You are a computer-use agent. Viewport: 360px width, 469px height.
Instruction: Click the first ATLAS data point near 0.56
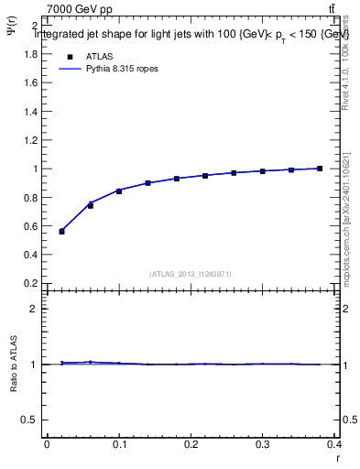click(x=61, y=231)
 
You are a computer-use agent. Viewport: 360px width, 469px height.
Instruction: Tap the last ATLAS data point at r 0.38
click(x=319, y=169)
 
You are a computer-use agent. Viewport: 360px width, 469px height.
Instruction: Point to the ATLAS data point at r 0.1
click(x=119, y=191)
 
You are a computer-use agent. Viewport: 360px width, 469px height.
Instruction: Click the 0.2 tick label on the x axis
click(x=191, y=444)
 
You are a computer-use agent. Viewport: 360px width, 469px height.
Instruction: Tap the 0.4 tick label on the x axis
click(x=335, y=444)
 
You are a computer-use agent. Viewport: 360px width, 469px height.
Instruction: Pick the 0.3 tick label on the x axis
click(x=264, y=444)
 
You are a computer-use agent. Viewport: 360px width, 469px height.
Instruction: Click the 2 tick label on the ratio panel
click(x=33, y=309)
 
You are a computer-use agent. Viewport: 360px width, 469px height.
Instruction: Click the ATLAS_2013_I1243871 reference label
click(x=190, y=274)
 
